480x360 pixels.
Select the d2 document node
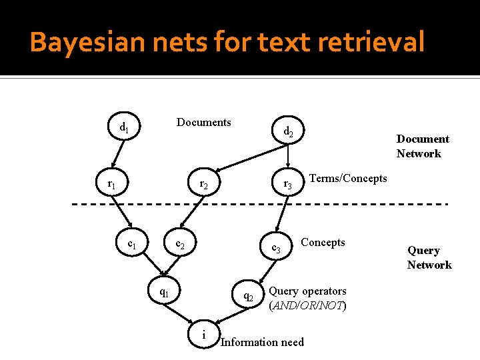pyautogui.click(x=288, y=133)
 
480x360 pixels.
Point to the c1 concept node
pyautogui.click(x=133, y=245)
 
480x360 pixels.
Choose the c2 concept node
pyautogui.click(x=180, y=245)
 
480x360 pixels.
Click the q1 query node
pyautogui.click(x=163, y=292)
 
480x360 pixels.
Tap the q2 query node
pyautogui.click(x=248, y=296)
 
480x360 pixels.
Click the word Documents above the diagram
pyautogui.click(x=203, y=122)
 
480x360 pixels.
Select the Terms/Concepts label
pyautogui.click(x=348, y=178)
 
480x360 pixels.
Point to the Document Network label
pyautogui.click(x=423, y=146)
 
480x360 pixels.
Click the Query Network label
pyautogui.click(x=429, y=257)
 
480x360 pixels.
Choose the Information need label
pyautogui.click(x=262, y=342)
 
